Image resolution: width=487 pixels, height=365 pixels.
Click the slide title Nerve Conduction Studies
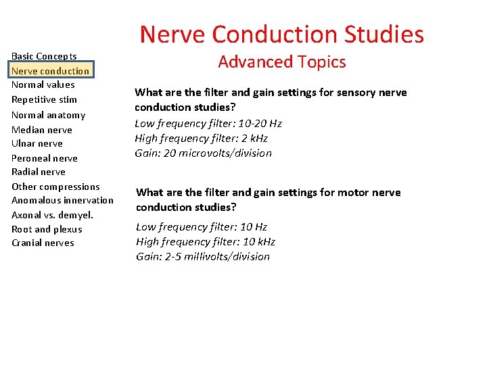click(281, 34)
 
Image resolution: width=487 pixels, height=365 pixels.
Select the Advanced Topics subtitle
click(281, 62)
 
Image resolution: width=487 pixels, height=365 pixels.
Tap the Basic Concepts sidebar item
click(44, 56)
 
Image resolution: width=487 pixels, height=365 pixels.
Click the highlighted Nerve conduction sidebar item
click(50, 70)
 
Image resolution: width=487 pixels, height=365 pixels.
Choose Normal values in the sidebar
click(43, 84)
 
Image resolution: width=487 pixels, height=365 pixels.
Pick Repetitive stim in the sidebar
click(44, 99)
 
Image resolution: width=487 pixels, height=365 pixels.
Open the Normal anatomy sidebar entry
click(48, 115)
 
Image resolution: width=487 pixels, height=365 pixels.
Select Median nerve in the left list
click(41, 130)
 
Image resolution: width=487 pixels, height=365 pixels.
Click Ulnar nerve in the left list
click(37, 143)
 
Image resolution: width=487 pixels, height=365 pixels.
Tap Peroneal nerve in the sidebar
click(44, 158)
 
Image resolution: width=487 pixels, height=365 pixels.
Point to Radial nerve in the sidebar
click(39, 172)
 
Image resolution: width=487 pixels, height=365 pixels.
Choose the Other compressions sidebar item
click(55, 187)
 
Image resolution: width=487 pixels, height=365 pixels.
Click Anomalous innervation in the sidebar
click(62, 200)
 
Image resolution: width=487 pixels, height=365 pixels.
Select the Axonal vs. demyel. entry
click(52, 215)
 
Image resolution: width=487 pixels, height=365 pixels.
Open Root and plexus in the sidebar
click(47, 229)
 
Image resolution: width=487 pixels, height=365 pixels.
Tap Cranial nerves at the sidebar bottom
click(43, 243)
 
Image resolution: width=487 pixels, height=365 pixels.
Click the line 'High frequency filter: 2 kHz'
click(201, 138)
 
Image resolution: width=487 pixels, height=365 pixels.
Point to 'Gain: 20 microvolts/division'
click(203, 153)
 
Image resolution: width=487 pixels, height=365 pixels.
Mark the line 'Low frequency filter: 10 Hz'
click(202, 226)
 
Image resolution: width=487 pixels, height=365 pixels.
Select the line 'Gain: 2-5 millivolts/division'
click(203, 256)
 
